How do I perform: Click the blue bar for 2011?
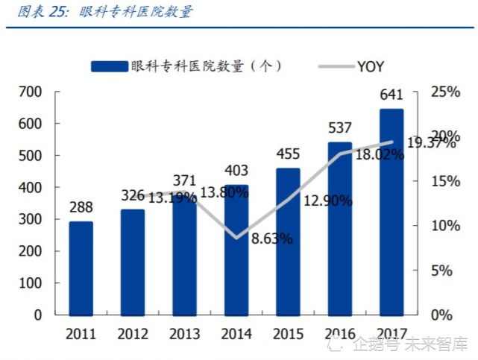coord(81,268)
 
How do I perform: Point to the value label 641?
coord(391,95)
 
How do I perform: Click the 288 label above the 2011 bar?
coord(81,206)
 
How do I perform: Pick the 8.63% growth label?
coord(271,239)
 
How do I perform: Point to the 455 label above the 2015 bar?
coord(288,154)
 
